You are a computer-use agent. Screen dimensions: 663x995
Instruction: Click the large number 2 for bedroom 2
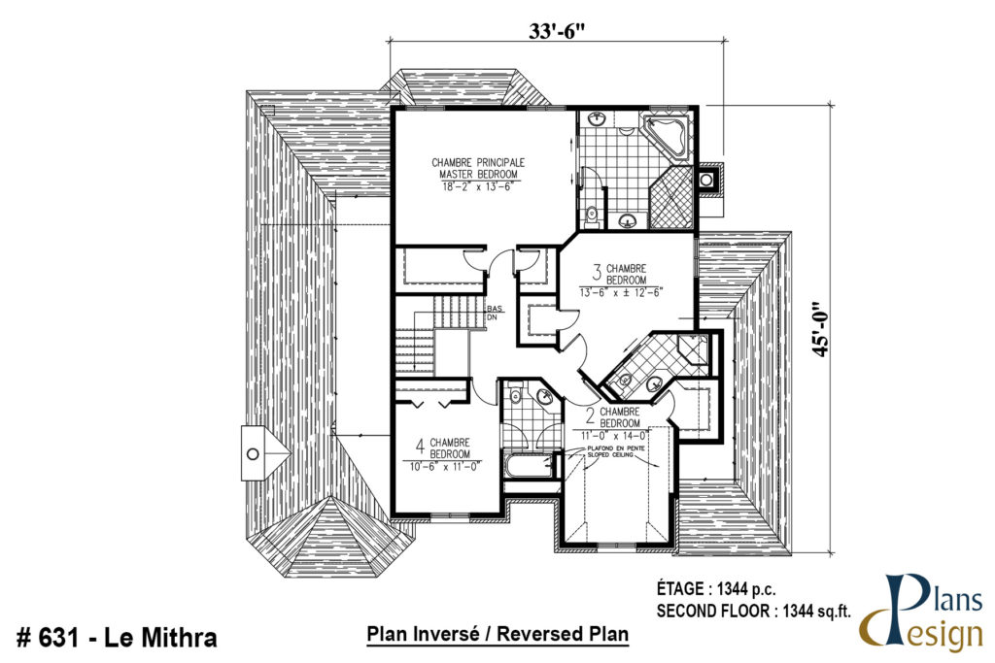pos(590,418)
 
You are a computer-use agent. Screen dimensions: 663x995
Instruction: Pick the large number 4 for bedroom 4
pos(420,447)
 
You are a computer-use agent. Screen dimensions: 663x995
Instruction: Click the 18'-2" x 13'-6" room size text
pos(476,185)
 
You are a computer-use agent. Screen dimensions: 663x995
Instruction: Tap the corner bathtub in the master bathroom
pos(669,136)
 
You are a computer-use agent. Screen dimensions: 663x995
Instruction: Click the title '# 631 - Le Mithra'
pos(117,638)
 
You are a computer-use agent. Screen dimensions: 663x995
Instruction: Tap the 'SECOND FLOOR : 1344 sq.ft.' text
pos(753,611)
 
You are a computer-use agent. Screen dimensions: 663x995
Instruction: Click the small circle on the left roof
pos(252,452)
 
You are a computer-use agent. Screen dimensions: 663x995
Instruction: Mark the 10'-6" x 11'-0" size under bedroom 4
pos(442,466)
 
